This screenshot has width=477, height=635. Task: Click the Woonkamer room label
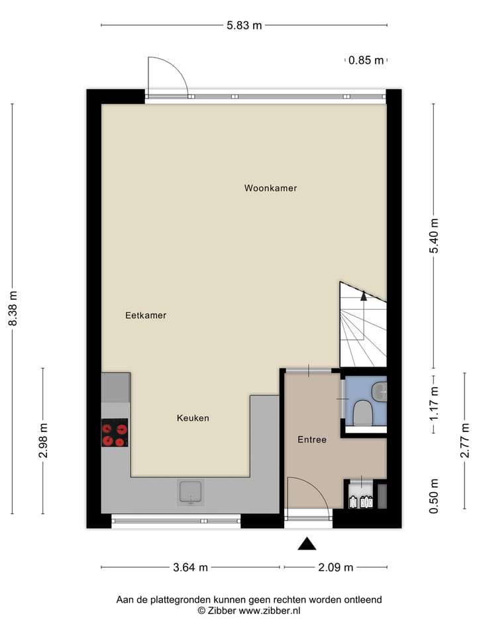coord(270,189)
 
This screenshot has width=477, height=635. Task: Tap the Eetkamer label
coord(146,316)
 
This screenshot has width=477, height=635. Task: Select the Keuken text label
coord(193,418)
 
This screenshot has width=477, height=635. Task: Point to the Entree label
coord(311,439)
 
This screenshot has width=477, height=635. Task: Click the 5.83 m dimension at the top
coord(244,26)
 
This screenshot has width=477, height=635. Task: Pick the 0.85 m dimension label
coord(366,60)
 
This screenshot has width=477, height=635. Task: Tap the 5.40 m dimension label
coord(434,236)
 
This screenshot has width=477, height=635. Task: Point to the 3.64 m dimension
coord(190,567)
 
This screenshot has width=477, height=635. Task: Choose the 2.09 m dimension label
coord(336,567)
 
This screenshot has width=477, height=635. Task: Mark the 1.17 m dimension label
coord(434,404)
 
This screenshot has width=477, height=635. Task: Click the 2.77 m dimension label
coord(464,441)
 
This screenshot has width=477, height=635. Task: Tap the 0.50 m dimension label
coord(434,496)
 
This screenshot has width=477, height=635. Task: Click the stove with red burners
coord(115,433)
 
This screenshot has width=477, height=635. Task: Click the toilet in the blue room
coord(363,413)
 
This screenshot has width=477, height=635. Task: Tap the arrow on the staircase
coord(363,296)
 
